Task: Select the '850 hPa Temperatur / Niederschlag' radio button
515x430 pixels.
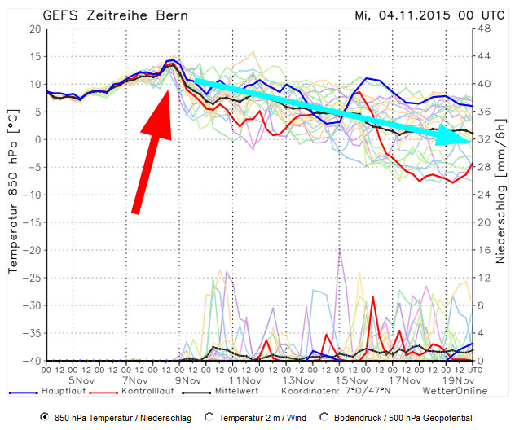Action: pyautogui.click(x=44, y=417)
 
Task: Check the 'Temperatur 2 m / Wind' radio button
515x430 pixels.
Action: pyautogui.click(x=209, y=417)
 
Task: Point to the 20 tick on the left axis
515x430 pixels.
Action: pyautogui.click(x=34, y=29)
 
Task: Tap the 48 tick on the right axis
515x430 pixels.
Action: pyautogui.click(x=482, y=29)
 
